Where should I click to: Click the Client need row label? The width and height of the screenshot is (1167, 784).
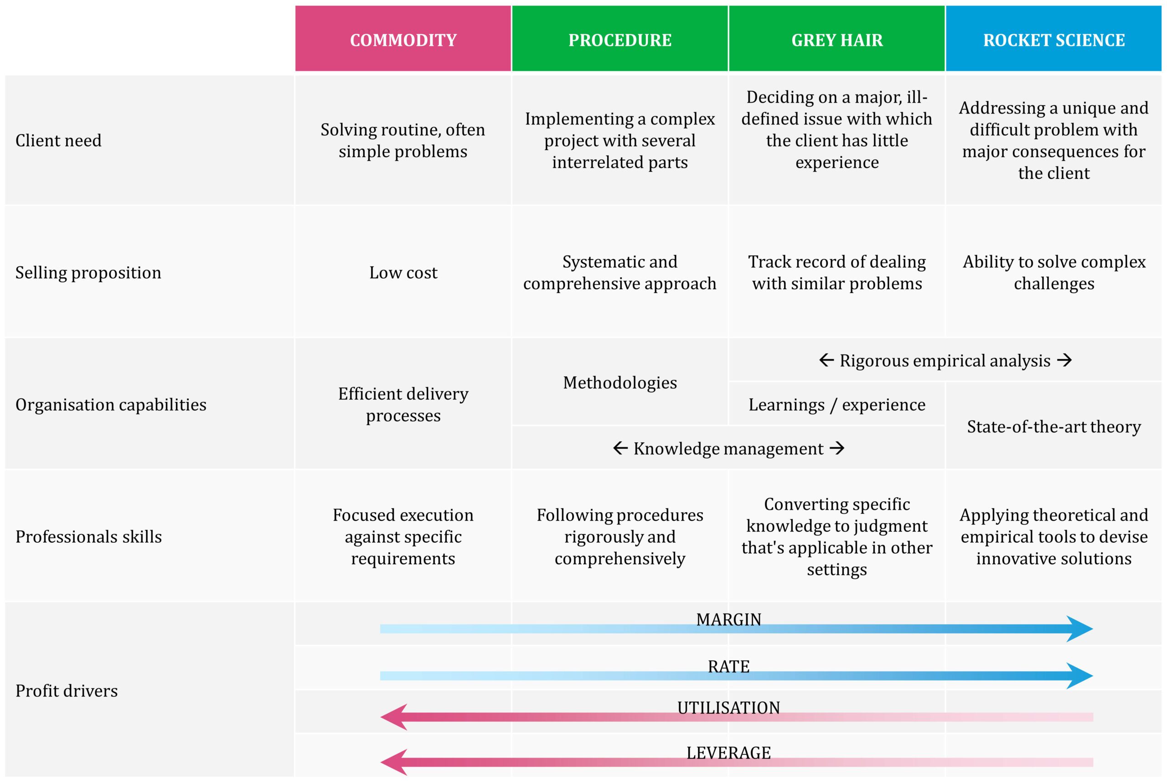[x=58, y=140]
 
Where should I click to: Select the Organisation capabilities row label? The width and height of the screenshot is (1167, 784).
[x=111, y=405]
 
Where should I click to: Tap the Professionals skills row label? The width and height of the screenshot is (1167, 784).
[x=89, y=537]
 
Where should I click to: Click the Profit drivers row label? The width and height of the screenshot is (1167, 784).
[x=67, y=691]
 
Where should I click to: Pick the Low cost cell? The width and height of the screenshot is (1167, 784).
[x=403, y=272]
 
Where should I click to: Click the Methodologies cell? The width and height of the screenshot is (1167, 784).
[x=620, y=383]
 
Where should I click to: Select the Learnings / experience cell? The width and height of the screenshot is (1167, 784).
[x=837, y=405]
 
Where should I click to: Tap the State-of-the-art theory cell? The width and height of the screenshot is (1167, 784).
[x=1054, y=426]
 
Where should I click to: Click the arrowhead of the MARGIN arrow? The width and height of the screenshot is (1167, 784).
[x=1079, y=629]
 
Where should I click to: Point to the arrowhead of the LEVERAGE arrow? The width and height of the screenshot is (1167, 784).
[x=394, y=763]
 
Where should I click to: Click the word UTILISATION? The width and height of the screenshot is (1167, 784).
[x=728, y=708]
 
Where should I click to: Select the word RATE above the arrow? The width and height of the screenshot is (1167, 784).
[x=728, y=666]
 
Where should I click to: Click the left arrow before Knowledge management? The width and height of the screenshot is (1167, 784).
[x=620, y=448]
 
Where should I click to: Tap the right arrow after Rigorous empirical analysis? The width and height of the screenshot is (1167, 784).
[x=1064, y=360]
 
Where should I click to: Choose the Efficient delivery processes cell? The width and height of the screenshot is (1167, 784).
[x=403, y=405]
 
